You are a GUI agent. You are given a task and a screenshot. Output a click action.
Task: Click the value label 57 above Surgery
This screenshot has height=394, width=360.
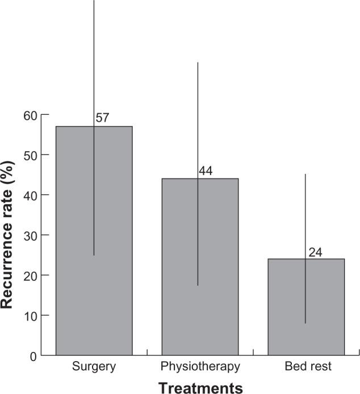pos(102,119)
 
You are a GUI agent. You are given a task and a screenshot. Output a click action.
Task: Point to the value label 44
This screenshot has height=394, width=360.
pos(206,171)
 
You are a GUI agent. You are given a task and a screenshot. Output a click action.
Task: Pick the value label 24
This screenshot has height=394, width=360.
pos(316,252)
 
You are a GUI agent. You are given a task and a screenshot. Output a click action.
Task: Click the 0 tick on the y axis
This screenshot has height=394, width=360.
pos(34,356)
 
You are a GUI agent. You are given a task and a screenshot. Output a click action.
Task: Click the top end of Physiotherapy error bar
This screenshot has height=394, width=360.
pos(197,62)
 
